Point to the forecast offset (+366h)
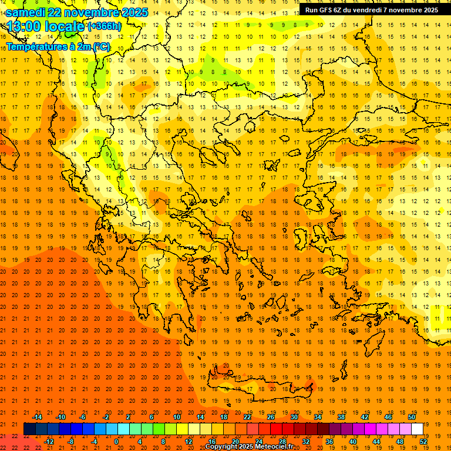click(x=104, y=26)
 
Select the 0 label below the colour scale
click(x=116, y=442)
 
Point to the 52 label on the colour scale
click(x=424, y=442)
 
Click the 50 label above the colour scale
click(x=412, y=417)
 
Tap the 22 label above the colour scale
click(x=247, y=417)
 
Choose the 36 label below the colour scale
click(x=329, y=442)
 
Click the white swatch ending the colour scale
click(x=417, y=429)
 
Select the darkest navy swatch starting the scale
click(x=29, y=429)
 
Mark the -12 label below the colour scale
click(x=49, y=442)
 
